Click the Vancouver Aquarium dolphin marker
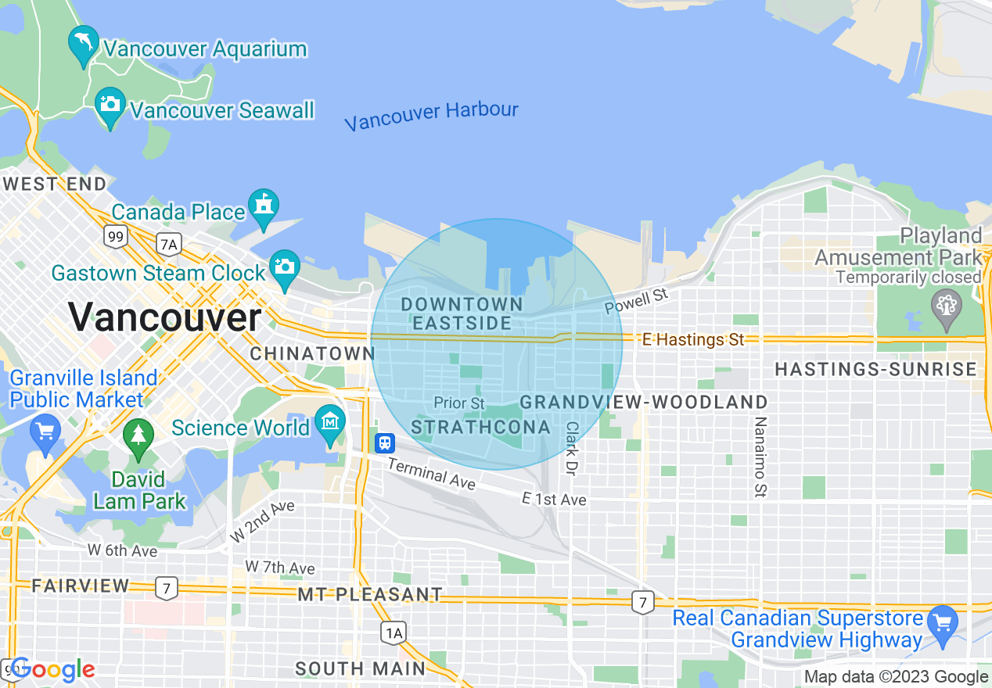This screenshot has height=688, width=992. point(83,43)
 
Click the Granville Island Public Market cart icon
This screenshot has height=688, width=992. point(45,432)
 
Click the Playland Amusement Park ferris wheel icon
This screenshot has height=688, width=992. point(946,306)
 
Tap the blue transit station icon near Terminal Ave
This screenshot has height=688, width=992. point(384,443)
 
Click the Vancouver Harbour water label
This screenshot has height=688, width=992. point(431,116)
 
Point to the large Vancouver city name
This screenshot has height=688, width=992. point(164,317)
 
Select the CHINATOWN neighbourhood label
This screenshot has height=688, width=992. point(312,353)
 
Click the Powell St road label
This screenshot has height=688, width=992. point(637,300)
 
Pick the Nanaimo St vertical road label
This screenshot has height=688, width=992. point(759,457)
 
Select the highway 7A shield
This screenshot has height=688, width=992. point(168,245)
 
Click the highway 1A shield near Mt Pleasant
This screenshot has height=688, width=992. point(394,632)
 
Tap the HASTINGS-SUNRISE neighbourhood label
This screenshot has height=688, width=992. point(875,369)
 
